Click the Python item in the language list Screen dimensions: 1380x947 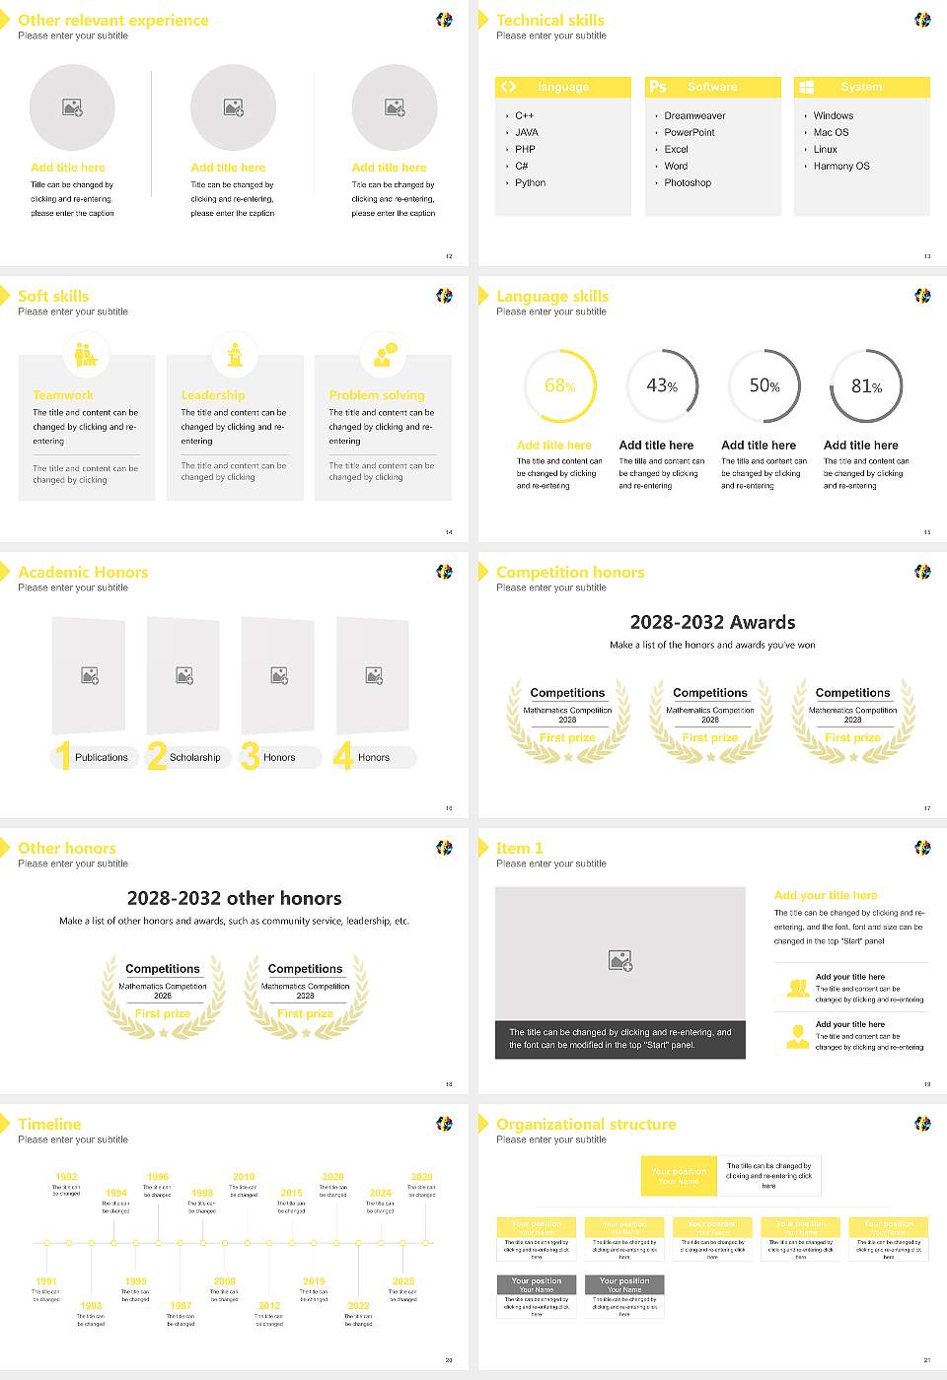coord(530,183)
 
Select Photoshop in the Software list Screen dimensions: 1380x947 coord(688,183)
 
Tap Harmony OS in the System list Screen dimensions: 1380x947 coord(841,167)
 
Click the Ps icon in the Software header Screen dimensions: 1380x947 coord(658,87)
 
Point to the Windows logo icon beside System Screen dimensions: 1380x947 coord(806,87)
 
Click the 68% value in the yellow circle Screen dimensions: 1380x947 coord(559,386)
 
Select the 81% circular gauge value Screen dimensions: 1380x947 coord(866,386)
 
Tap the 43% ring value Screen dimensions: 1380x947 coord(662,386)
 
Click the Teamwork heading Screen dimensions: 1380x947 coord(63,395)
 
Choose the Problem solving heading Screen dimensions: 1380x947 coord(377,395)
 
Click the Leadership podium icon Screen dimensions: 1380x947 coord(235,354)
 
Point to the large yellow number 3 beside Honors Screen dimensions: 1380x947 coord(250,756)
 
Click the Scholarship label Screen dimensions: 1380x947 coord(194,758)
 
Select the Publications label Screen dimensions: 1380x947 coord(102,758)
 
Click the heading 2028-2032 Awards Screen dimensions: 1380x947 coord(712,622)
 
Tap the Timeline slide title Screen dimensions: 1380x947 coord(49,1124)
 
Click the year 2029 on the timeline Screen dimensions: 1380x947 coord(421,1177)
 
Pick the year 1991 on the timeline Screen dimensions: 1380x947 coord(46,1282)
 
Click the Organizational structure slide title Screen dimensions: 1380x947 coord(586,1124)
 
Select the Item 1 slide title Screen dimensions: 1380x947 coord(519,848)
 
